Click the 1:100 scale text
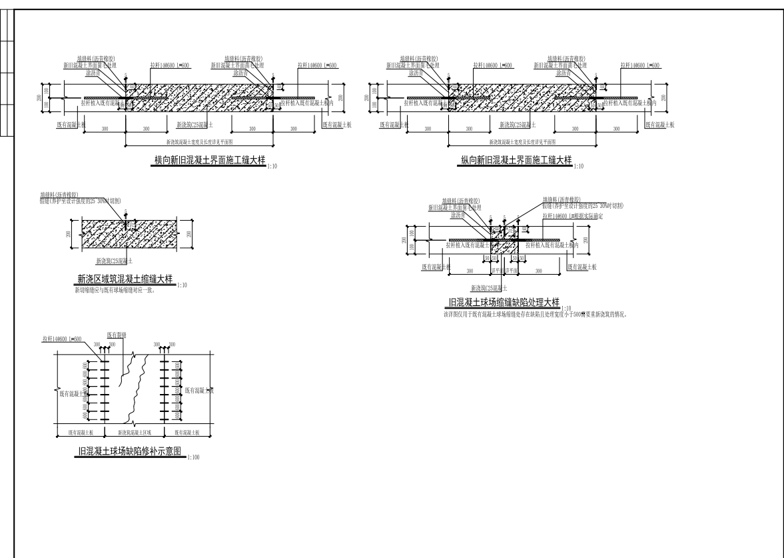[195, 458]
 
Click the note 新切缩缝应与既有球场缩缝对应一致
[115, 291]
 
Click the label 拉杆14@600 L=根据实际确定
[574, 216]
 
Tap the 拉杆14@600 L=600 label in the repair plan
[62, 340]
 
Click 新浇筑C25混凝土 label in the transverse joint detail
[195, 125]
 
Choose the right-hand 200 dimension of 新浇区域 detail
[191, 234]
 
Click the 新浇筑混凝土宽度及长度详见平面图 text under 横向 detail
[202, 142]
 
